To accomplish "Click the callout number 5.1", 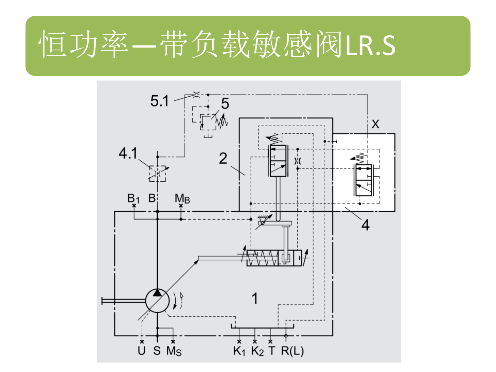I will coord(159,101).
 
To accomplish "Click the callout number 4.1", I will coord(128,153).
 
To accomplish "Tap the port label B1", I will coord(133,198).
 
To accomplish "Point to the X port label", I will coord(375,124).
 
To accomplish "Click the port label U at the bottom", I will coord(142,351).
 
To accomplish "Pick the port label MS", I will coord(174,351).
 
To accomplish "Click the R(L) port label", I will coord(292,351).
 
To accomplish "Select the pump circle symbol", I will coord(157,301).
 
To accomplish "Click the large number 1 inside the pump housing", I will coord(255,298).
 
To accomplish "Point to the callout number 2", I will coord(223,158).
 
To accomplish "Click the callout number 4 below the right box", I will coord(365,225).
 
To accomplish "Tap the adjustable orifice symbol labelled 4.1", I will coord(158,174).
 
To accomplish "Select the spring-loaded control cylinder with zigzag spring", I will coord(274,258).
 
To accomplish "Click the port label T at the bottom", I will coord(272,351).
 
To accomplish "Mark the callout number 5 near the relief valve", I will coord(225,104).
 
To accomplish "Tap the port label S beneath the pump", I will coord(157,351).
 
